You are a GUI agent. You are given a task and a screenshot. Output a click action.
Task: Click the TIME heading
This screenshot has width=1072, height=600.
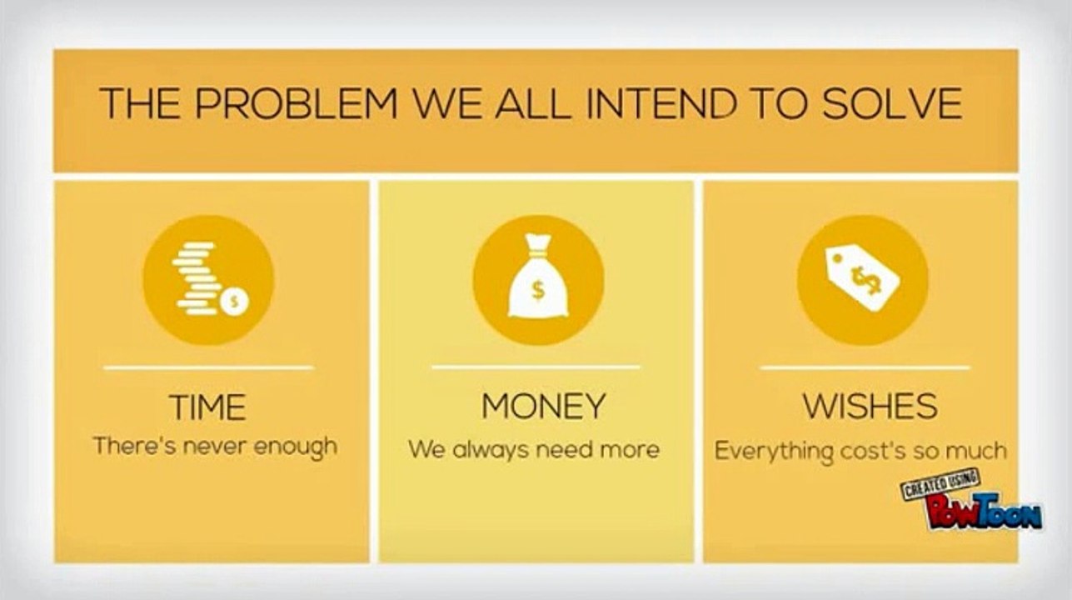coord(208,408)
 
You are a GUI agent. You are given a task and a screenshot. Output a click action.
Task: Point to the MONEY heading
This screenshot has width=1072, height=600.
coord(543,407)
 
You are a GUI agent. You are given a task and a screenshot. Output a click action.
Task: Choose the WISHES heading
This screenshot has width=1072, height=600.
coord(870,407)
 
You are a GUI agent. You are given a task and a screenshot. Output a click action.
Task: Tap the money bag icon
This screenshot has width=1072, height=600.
coord(537,280)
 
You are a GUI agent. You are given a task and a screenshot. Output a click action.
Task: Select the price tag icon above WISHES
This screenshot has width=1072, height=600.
coord(863,280)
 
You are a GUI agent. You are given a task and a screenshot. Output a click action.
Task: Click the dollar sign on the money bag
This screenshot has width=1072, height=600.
coord(537,292)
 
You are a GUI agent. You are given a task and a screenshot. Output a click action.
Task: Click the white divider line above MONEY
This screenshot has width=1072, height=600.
coord(536,367)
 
